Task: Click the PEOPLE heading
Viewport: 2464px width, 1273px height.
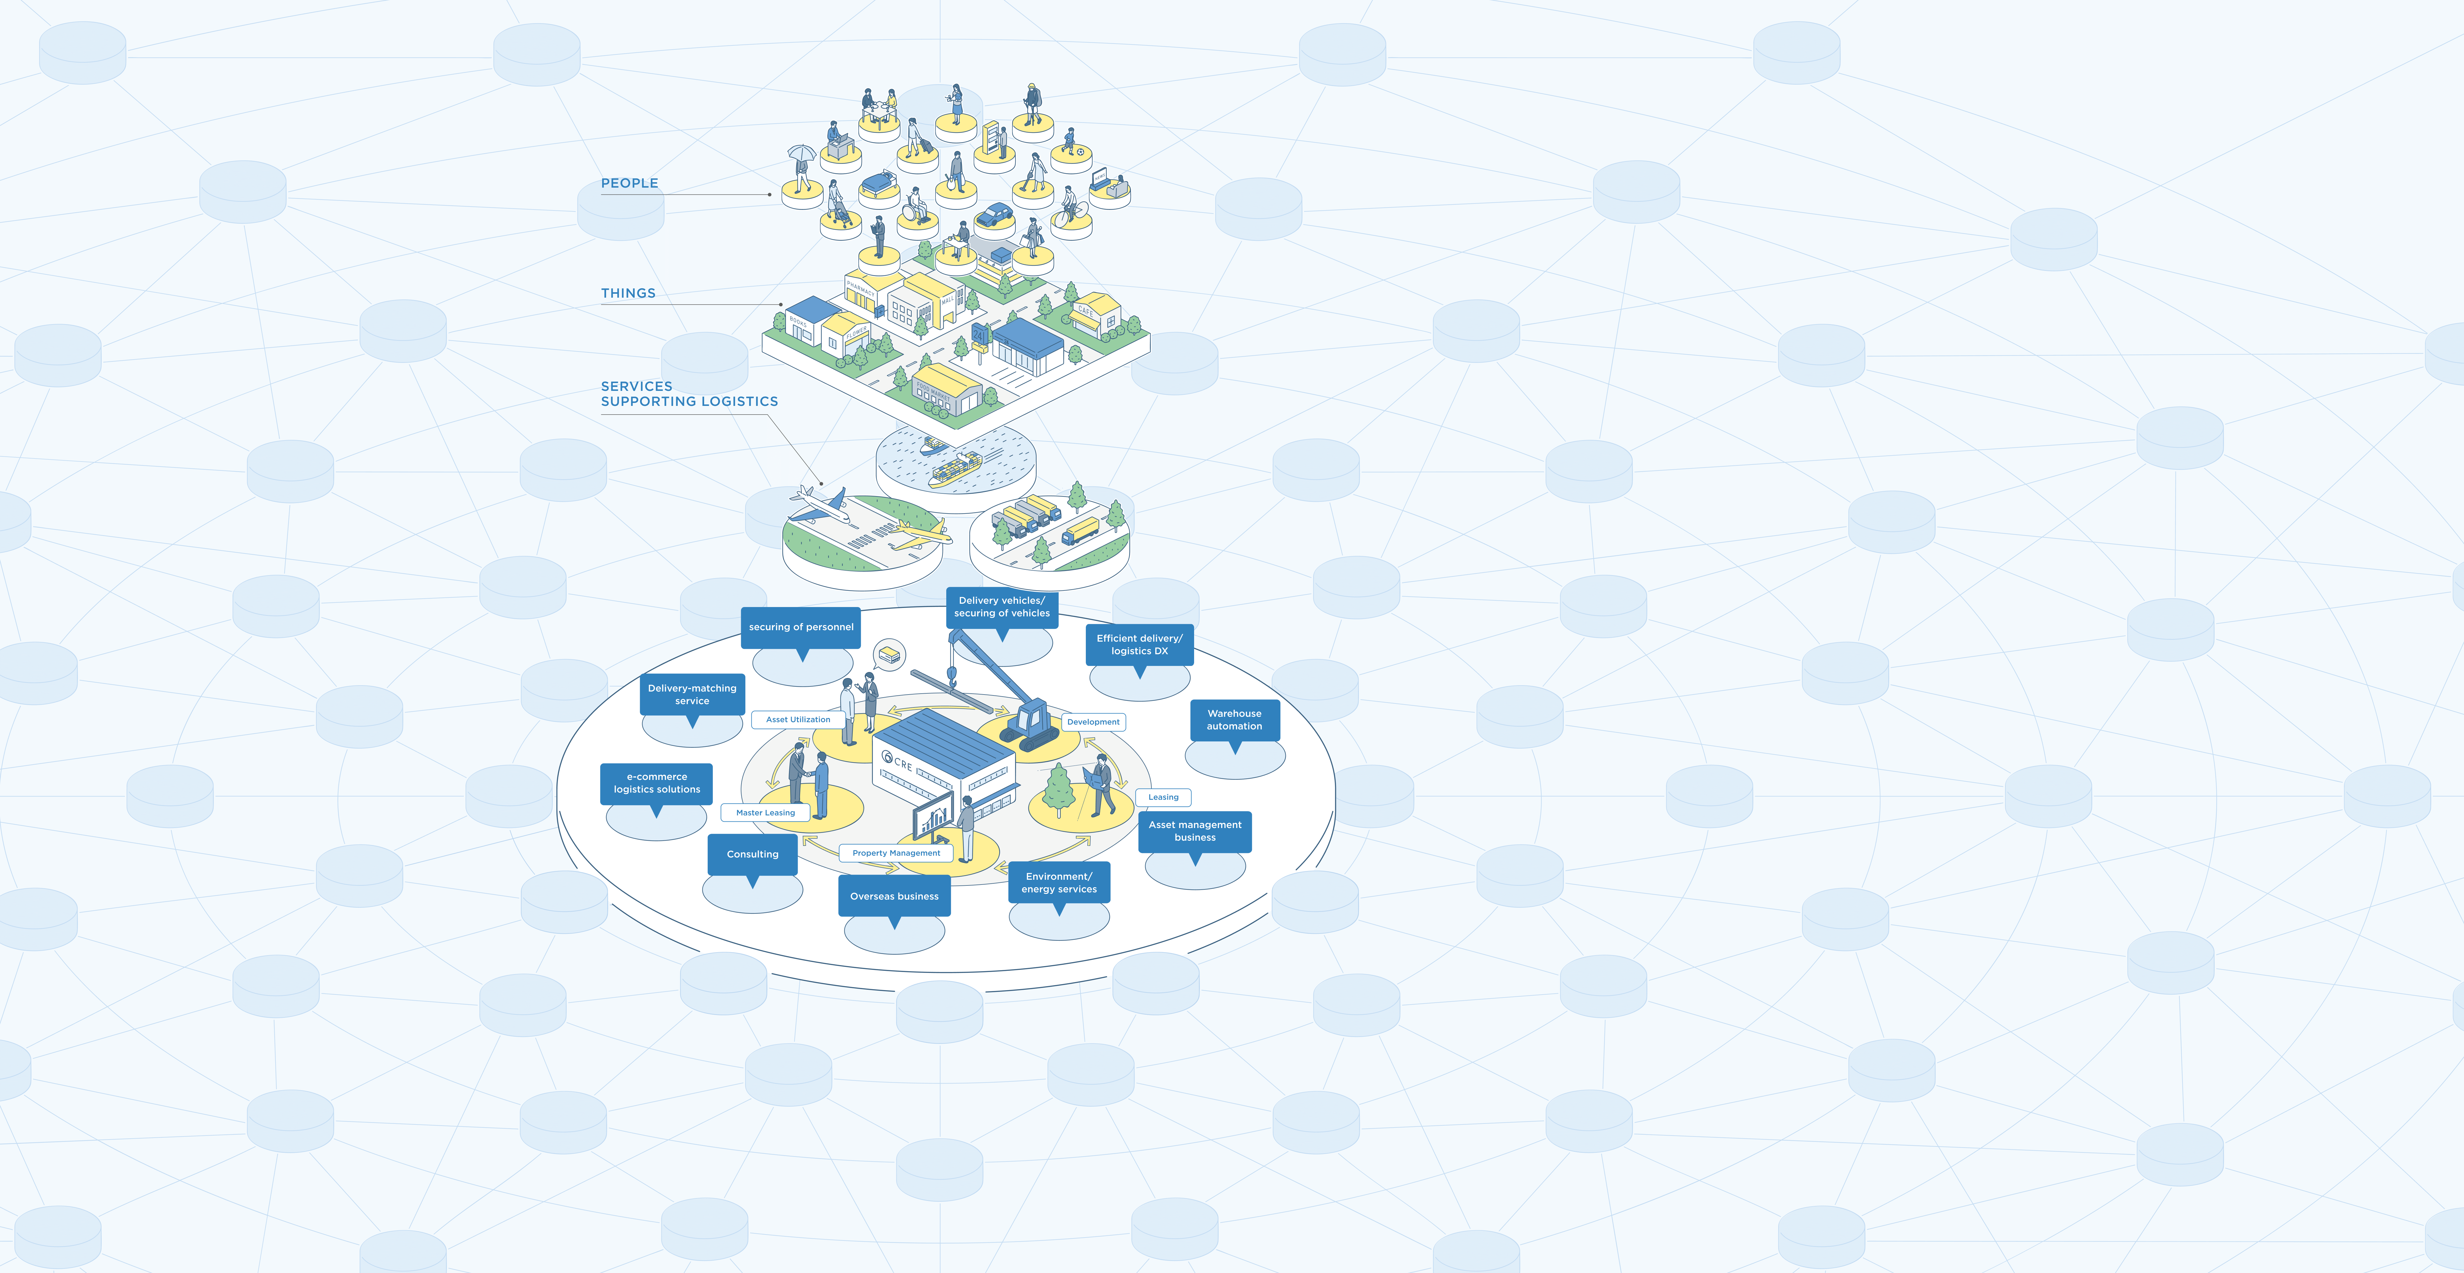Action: [630, 183]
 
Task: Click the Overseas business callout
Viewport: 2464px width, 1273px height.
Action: [894, 896]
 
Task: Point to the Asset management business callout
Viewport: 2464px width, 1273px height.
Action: [1195, 831]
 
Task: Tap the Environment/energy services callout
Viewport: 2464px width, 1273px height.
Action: [1059, 883]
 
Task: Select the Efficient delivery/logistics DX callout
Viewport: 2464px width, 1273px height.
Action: [1139, 645]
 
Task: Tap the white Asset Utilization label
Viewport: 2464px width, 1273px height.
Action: [798, 719]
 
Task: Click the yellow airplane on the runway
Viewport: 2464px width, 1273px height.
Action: [918, 535]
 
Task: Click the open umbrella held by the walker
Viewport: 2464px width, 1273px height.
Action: [801, 153]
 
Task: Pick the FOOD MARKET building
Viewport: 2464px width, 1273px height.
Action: [947, 390]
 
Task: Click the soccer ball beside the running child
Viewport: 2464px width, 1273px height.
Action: [1080, 151]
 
